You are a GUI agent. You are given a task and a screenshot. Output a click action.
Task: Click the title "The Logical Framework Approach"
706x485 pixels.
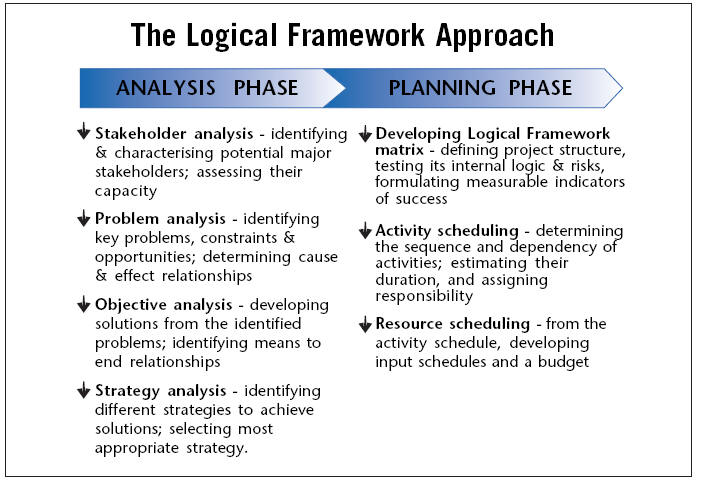click(342, 36)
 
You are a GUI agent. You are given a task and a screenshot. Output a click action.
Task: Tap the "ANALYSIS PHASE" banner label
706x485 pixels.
click(207, 88)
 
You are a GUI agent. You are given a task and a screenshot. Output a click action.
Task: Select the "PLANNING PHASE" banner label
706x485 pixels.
click(480, 88)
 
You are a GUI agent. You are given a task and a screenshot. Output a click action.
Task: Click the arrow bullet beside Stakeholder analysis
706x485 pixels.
click(84, 131)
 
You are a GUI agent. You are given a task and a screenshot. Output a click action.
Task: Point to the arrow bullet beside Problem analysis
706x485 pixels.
click(84, 217)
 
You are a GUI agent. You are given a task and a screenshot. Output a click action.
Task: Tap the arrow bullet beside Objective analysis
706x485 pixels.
click(84, 303)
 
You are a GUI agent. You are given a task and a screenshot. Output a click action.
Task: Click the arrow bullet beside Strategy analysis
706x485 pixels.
click(84, 390)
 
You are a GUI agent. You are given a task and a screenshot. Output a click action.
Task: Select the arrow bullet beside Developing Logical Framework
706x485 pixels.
click(365, 133)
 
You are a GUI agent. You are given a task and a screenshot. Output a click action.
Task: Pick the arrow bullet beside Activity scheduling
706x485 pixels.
click(365, 230)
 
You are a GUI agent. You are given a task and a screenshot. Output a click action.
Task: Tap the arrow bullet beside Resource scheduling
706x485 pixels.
click(365, 324)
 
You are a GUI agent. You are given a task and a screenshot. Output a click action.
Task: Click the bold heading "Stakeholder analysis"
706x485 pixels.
click(174, 134)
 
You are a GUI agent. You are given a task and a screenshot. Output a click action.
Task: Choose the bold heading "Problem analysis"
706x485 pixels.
click(160, 219)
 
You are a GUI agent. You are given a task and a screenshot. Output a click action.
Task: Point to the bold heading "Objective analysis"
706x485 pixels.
click(163, 305)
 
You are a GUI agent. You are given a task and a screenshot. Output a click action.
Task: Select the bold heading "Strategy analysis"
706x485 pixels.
click(161, 391)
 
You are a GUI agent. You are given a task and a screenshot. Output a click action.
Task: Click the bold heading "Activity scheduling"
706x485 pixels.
click(447, 231)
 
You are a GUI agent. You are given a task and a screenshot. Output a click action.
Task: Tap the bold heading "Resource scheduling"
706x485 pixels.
click(453, 324)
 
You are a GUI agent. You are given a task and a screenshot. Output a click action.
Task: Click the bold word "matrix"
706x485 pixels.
click(399, 150)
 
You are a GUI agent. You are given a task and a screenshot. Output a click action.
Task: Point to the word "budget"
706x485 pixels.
click(563, 362)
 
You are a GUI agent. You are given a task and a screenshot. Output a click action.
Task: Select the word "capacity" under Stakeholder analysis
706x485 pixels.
click(126, 191)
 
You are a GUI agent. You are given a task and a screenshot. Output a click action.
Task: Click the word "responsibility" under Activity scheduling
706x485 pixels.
click(424, 296)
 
